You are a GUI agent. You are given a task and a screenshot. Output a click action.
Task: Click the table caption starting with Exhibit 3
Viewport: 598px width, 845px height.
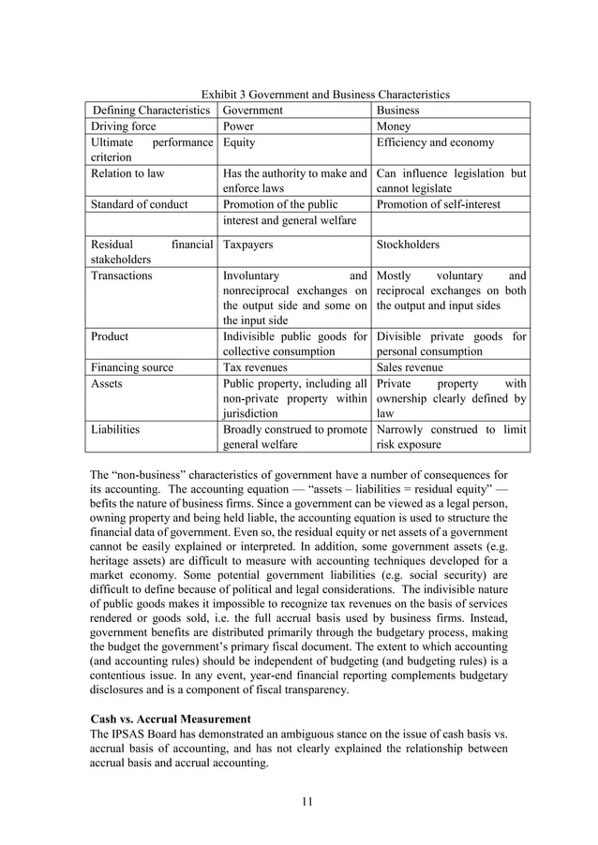click(x=326, y=95)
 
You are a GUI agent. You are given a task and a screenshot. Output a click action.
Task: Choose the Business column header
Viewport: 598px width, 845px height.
click(x=397, y=111)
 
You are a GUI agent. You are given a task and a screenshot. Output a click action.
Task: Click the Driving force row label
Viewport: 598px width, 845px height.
click(x=124, y=126)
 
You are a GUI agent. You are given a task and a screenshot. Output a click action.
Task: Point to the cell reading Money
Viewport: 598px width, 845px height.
click(x=394, y=126)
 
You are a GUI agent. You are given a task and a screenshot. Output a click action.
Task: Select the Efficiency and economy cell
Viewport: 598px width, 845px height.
click(x=435, y=142)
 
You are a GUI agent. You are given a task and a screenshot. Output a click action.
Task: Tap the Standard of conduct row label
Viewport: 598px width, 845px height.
click(x=139, y=204)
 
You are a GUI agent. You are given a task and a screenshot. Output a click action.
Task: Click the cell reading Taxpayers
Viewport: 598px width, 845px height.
click(x=247, y=245)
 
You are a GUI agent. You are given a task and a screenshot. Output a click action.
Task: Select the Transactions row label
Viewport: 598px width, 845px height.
click(x=122, y=275)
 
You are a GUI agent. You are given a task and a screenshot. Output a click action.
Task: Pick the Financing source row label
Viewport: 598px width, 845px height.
click(x=132, y=368)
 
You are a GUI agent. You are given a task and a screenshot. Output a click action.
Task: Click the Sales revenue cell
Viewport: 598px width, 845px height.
click(x=410, y=368)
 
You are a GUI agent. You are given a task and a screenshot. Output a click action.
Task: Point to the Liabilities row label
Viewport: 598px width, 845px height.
click(x=115, y=430)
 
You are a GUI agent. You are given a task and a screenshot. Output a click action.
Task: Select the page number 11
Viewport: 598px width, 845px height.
click(x=306, y=799)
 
